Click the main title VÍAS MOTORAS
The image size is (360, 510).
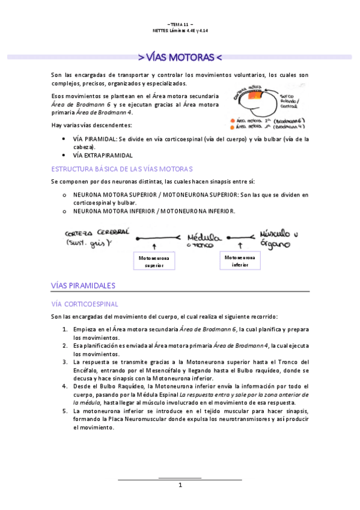click(180, 58)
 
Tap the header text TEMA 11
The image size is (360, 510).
click(180, 24)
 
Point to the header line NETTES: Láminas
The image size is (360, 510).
click(180, 31)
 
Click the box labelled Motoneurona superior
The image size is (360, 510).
click(154, 261)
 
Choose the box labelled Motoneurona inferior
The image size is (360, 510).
click(240, 261)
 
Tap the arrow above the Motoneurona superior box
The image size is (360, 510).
click(154, 246)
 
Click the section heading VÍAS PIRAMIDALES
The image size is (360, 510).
click(84, 285)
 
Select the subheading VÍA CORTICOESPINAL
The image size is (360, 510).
click(85, 304)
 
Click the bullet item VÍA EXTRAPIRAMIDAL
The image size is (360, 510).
click(103, 155)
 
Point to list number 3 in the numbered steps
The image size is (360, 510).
click(65, 362)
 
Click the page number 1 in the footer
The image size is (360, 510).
click(180, 485)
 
